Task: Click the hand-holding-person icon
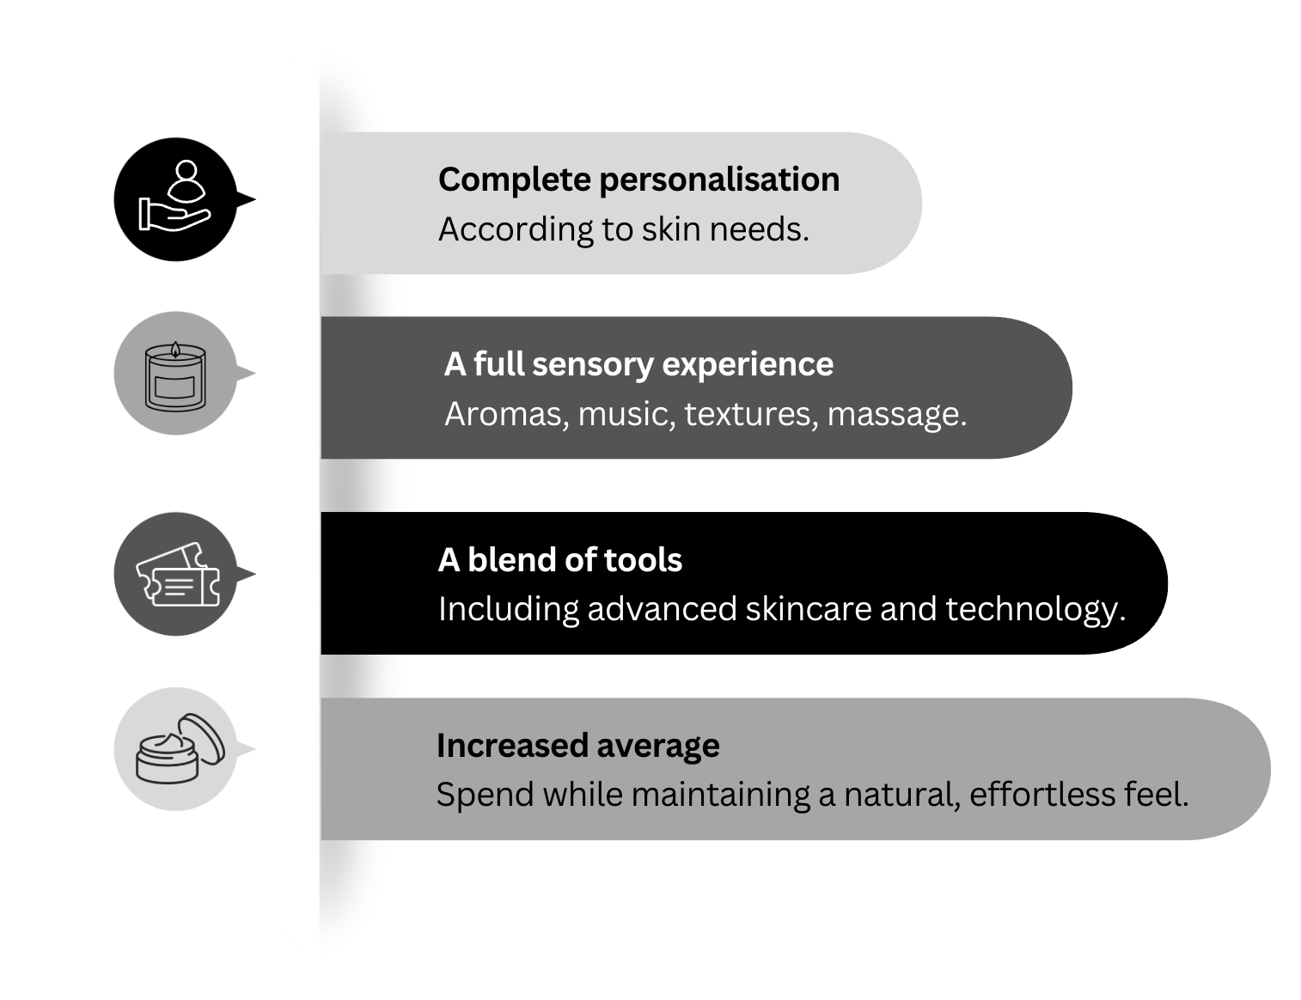175,198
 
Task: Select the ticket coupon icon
177,575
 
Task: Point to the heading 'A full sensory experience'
638,364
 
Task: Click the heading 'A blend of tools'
559,560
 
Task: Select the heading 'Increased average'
577,746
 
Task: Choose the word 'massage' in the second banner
895,414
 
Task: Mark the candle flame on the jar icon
175,349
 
